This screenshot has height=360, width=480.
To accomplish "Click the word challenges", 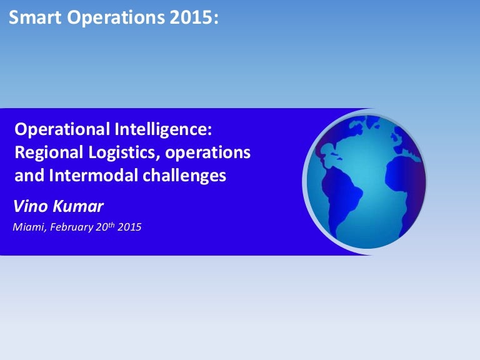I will coord(181,176).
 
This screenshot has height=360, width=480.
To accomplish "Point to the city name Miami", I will coord(27,227).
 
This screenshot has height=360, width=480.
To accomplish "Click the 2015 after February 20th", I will coord(130,227).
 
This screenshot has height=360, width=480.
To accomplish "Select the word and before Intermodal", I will coord(27,176).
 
